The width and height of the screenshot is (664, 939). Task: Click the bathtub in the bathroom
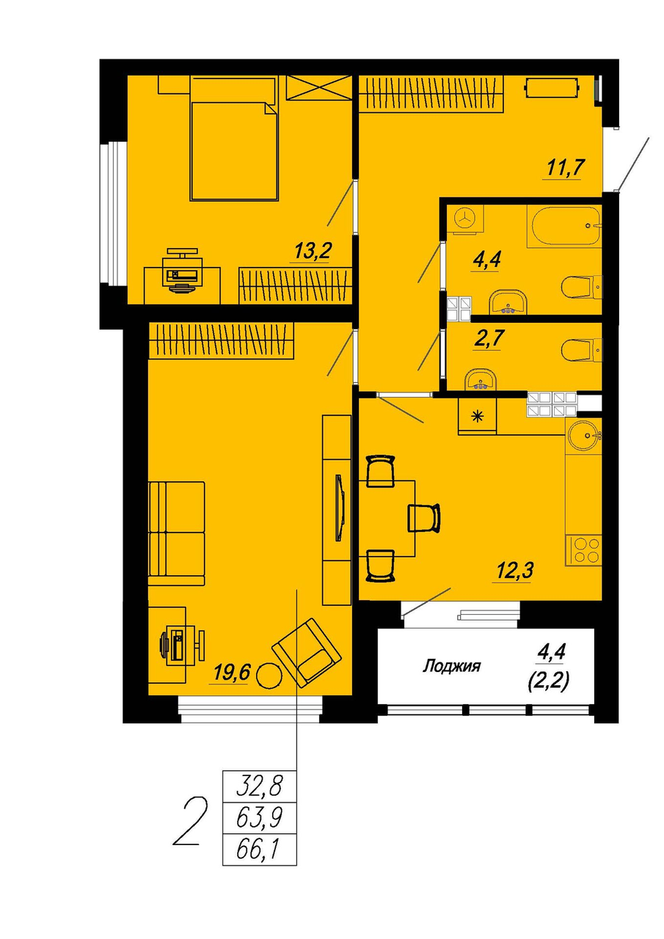pos(563,227)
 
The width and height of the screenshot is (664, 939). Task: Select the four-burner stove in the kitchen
pos(583,549)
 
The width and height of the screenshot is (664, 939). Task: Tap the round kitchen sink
pos(583,436)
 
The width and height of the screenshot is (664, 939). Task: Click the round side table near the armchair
pos(268,676)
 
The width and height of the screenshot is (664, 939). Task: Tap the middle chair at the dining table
pos(424,518)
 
